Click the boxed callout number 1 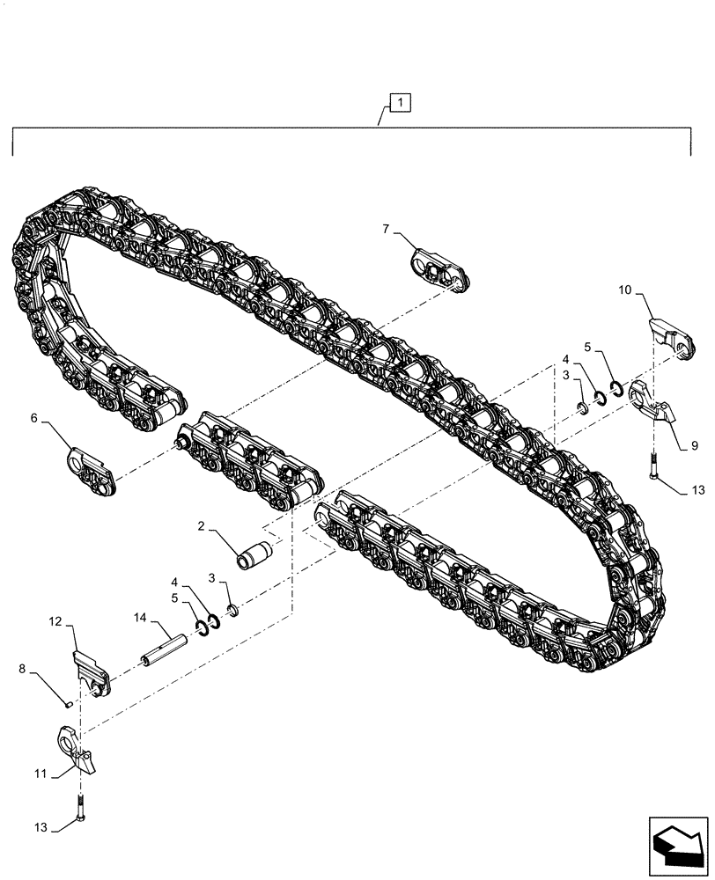click(x=400, y=104)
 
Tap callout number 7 click(x=386, y=230)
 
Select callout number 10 click(x=624, y=288)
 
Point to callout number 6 click(x=34, y=419)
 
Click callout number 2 click(x=201, y=526)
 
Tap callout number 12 click(x=55, y=621)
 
